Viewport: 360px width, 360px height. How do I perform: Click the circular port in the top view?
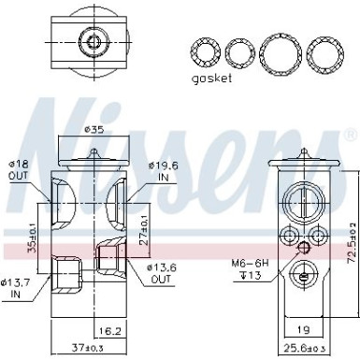click(x=92, y=42)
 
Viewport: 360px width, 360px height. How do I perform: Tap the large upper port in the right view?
click(x=304, y=198)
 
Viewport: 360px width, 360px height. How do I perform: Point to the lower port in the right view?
click(x=304, y=273)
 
